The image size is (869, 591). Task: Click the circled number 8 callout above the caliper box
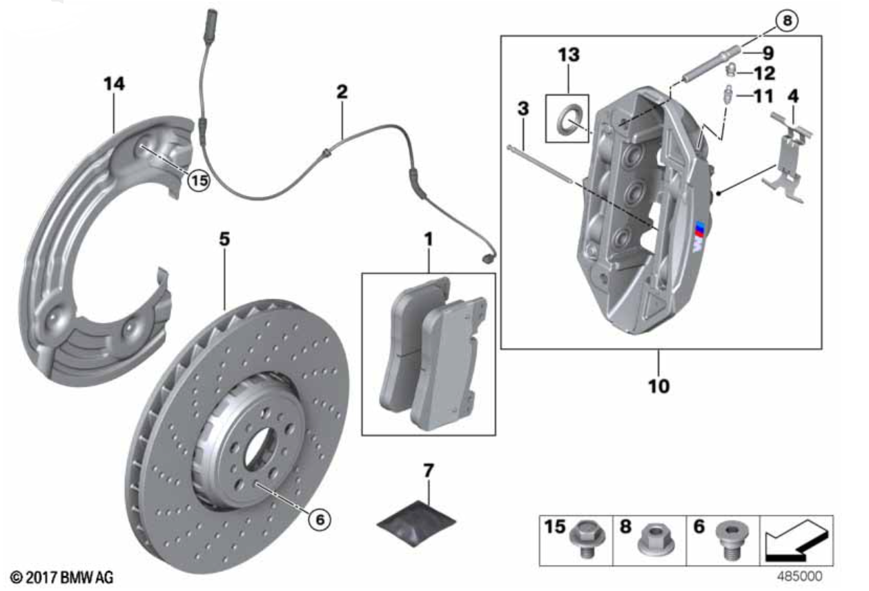point(787,21)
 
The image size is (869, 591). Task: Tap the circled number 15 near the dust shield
point(199,181)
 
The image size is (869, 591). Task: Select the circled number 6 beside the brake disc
point(320,520)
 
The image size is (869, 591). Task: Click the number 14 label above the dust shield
point(114,84)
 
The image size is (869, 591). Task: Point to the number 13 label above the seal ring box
point(569,55)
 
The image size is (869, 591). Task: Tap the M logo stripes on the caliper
point(699,236)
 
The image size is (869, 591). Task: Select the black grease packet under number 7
point(416,523)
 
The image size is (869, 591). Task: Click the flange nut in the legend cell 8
point(656,539)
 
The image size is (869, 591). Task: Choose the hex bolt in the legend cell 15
point(587,539)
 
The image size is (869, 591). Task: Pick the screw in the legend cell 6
point(732,540)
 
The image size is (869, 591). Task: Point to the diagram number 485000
point(799,577)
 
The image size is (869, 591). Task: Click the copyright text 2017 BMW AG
point(62,578)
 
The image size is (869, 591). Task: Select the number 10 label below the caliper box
point(658,386)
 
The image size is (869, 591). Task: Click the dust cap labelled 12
point(731,70)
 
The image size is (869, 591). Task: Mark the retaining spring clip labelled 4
point(788,157)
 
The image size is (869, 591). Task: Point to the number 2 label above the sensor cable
point(342,92)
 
